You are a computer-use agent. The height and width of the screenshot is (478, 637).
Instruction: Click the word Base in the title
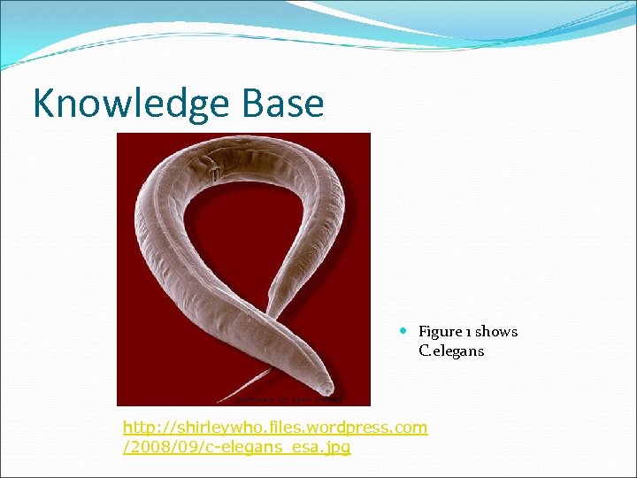point(289,104)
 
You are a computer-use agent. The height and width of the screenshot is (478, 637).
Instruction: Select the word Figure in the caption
point(441,332)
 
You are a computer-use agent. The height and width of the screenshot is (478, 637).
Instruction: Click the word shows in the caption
point(496,332)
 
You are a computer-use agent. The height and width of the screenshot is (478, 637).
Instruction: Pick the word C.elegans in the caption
point(451,351)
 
